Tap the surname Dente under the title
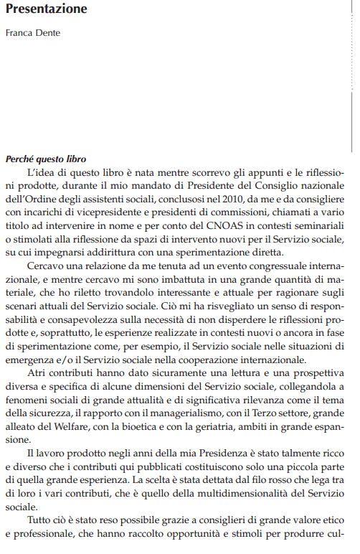coord(47,33)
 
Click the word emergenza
coord(31,359)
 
